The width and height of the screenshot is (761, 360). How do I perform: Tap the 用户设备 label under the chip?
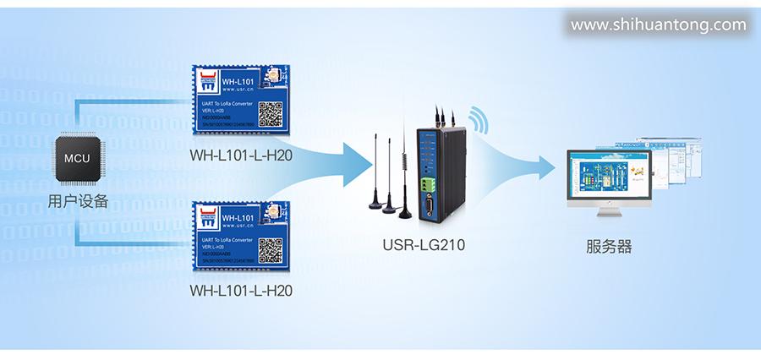coord(78,202)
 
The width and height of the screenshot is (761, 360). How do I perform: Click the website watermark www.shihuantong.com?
coord(658,25)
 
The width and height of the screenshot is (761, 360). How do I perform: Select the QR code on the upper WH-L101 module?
coord(269,112)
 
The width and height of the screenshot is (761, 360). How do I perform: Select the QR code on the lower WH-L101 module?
coord(269,250)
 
